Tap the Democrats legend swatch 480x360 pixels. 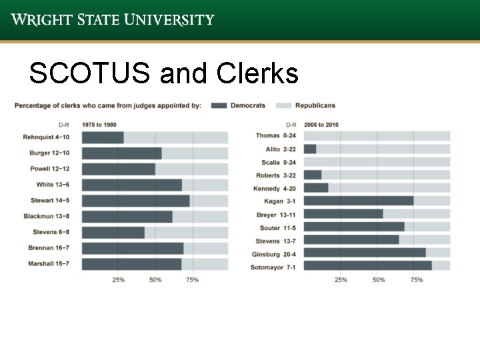pyautogui.click(x=220, y=105)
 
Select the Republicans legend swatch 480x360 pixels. pyautogui.click(x=283, y=105)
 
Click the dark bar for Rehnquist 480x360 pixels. pyautogui.click(x=103, y=137)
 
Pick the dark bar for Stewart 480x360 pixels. pyautogui.click(x=135, y=201)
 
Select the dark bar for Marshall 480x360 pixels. pyautogui.click(x=131, y=264)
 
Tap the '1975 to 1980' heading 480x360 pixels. pyautogui.click(x=99, y=124)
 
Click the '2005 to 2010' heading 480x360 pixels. pyautogui.click(x=321, y=124)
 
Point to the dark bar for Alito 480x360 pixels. pyautogui.click(x=309, y=149)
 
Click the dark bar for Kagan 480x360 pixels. pyautogui.click(x=358, y=201)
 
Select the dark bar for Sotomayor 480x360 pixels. pyautogui.click(x=367, y=265)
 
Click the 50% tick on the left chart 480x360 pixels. pyautogui.click(x=155, y=280)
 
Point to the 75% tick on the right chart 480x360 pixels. pyautogui.click(x=417, y=280)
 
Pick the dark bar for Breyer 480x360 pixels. pyautogui.click(x=343, y=214)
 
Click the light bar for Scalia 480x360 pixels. pyautogui.click(x=377, y=162)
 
